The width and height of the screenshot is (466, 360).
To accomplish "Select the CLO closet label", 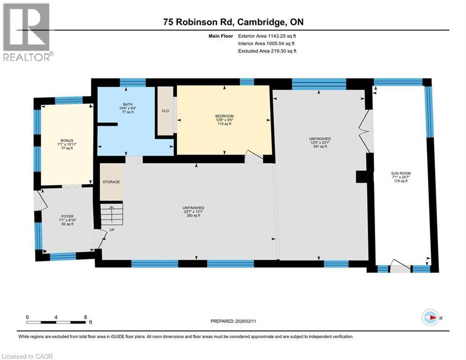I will coord(164,111).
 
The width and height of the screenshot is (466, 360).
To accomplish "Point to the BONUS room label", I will coord(67,140).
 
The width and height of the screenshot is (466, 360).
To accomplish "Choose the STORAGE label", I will coord(111,182).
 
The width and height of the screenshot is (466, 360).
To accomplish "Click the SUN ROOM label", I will coord(401,173).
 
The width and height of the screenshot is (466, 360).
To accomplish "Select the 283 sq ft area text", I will coord(193,216).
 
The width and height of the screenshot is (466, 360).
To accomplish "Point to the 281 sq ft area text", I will coord(320,147).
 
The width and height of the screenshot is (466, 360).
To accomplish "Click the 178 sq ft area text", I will coord(401,181).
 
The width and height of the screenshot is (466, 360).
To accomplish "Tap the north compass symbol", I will coord(430,318).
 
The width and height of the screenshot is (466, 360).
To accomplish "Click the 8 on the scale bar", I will coord(85,317).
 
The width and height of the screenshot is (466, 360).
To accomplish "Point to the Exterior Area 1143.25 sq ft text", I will coord(267,35).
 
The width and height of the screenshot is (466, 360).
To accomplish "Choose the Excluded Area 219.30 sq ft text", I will coord(267,51).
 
